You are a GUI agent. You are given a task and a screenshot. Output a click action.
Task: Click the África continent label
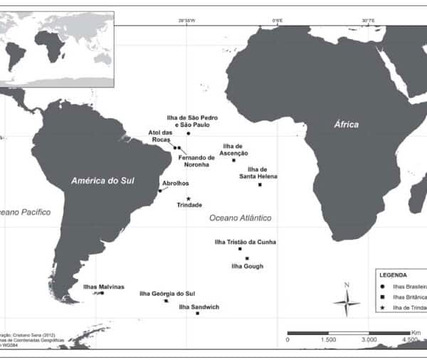pos(347,125)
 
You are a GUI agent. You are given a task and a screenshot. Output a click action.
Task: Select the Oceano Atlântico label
pos(241,218)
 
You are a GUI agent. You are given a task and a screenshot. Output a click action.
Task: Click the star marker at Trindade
pos(189,198)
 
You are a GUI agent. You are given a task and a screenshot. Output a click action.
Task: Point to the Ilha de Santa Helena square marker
pos(260,185)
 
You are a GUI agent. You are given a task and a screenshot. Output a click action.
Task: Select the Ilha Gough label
pos(248,266)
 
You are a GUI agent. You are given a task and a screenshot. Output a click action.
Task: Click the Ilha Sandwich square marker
pos(197,313)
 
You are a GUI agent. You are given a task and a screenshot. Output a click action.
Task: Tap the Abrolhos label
pos(176,183)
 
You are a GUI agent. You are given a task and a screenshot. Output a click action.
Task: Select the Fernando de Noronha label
pos(196,161)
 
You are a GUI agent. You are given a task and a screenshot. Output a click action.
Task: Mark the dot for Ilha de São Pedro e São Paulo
pos(189,133)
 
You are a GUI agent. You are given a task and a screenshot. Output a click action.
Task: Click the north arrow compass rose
pos(347,302)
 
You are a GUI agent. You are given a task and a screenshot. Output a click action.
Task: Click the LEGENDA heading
pos(393,275)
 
